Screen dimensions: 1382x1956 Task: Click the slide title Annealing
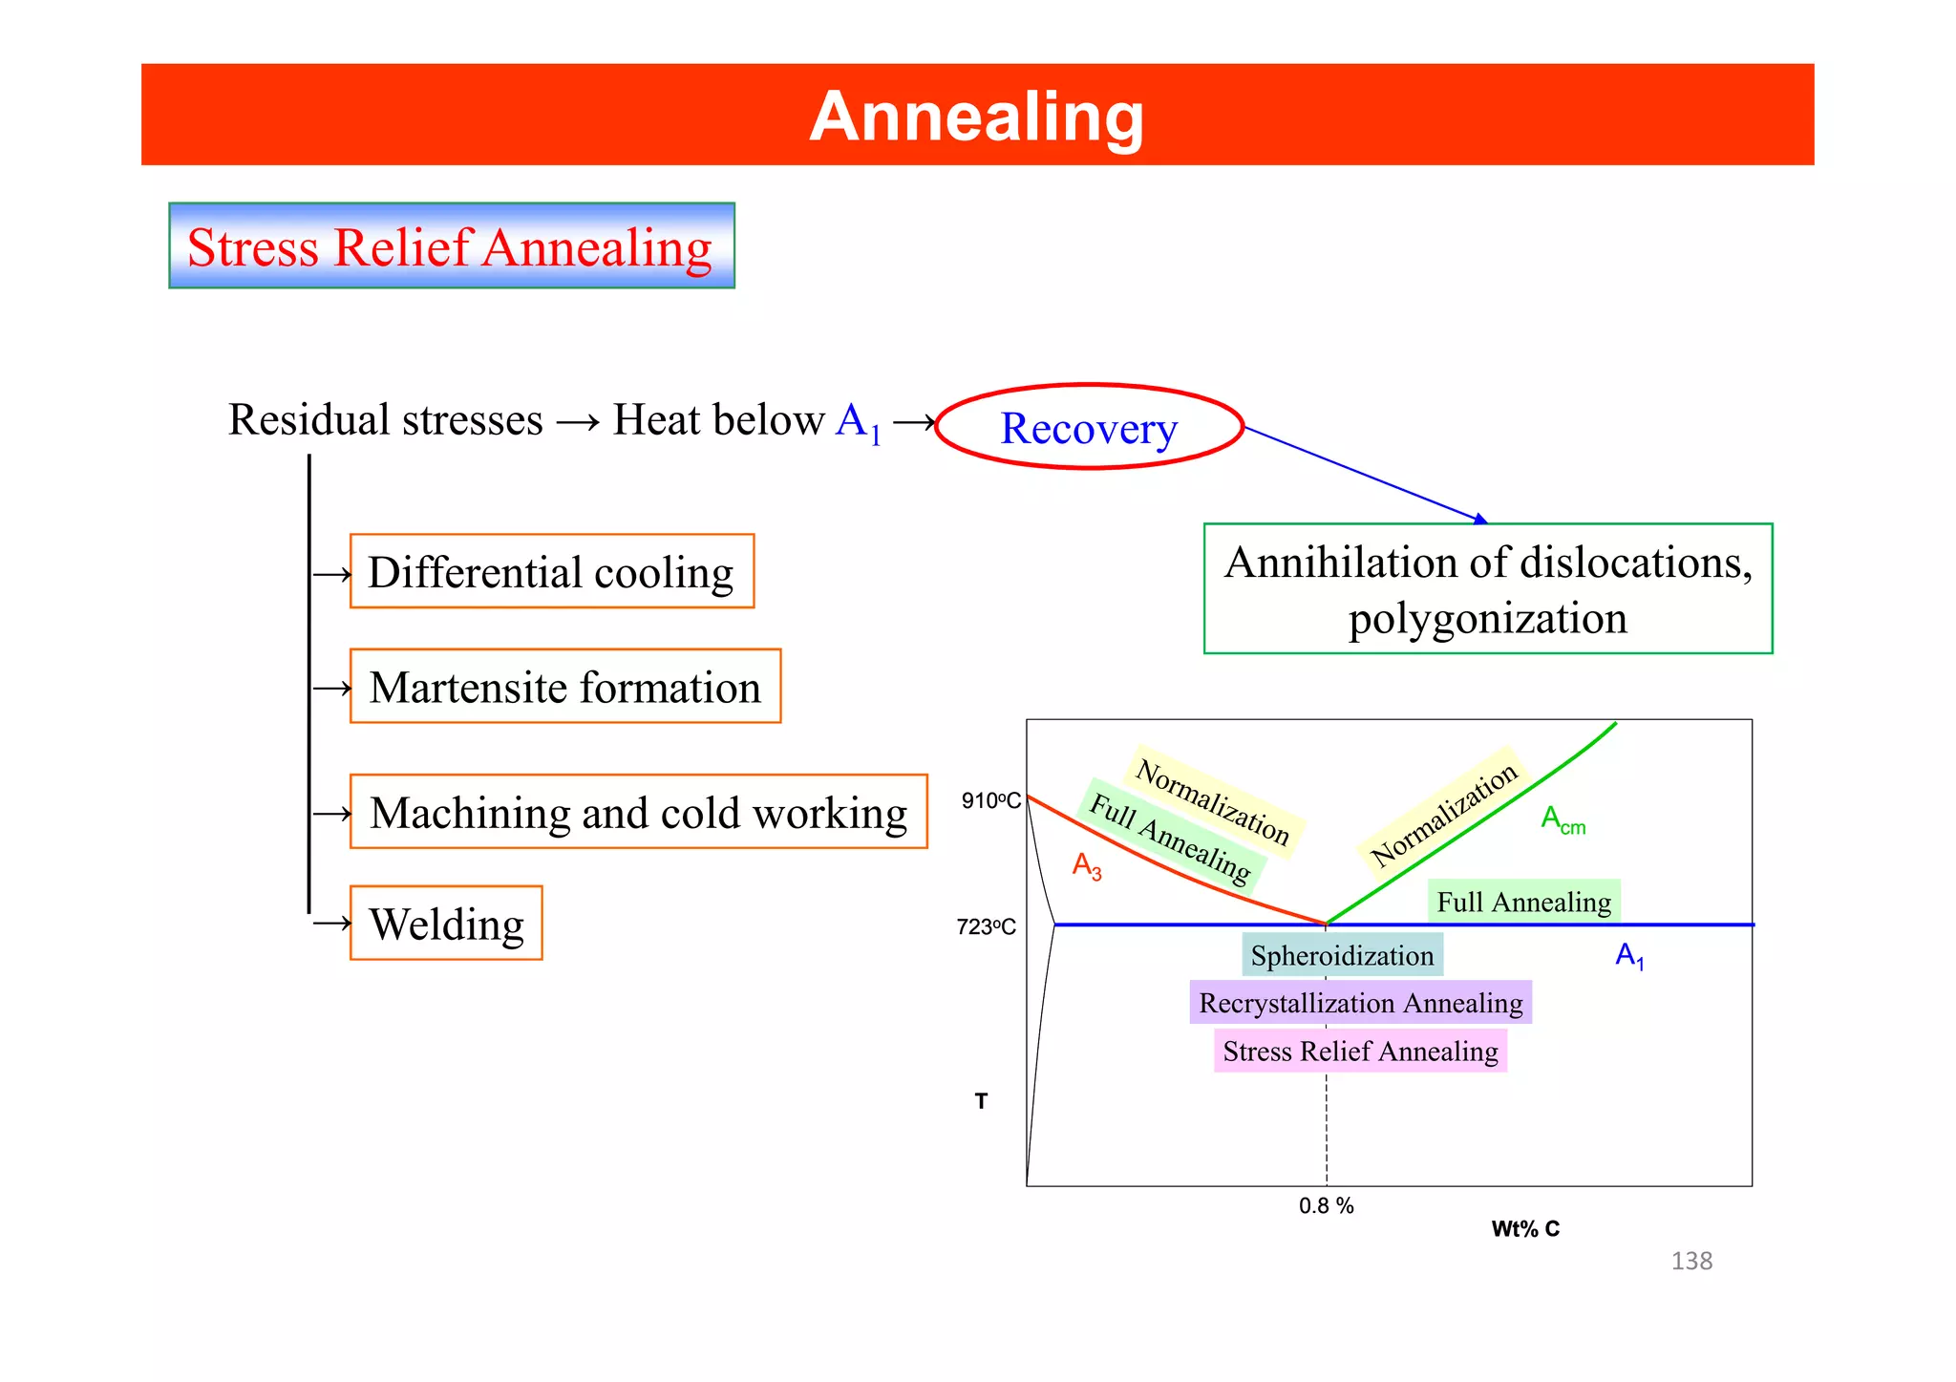point(976,117)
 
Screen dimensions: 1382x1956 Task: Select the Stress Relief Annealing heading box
point(451,246)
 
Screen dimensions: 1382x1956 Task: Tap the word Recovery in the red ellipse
point(1088,428)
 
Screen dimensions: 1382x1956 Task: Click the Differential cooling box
point(551,572)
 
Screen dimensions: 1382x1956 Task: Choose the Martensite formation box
point(564,687)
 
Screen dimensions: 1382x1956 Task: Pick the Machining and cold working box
point(638,813)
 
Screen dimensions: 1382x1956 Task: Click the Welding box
point(446,924)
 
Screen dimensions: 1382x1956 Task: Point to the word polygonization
point(1487,619)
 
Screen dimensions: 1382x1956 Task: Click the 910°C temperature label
point(990,800)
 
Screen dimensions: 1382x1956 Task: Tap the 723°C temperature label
point(986,926)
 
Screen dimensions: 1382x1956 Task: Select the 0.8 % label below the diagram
point(1326,1206)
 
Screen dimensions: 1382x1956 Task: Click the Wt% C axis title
point(1525,1229)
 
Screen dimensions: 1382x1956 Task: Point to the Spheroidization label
point(1342,955)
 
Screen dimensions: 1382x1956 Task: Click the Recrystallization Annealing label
point(1360,1003)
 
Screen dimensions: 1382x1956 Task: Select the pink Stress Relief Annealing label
point(1360,1052)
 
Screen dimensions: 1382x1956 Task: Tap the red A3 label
point(1087,865)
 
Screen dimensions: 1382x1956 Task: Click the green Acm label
point(1563,819)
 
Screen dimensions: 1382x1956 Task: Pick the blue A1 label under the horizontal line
point(1629,955)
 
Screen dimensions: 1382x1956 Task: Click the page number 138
point(1691,1261)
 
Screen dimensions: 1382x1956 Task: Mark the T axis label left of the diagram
point(981,1101)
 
